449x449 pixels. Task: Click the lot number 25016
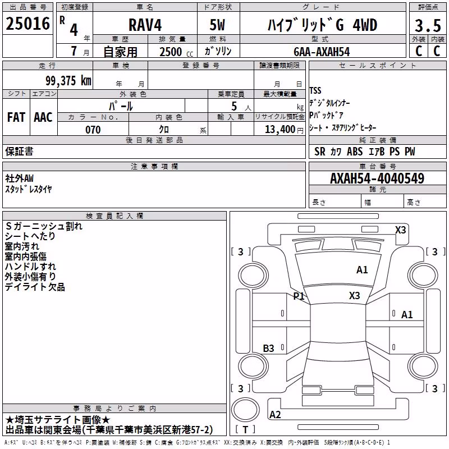coord(28,24)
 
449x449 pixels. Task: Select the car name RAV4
coord(145,25)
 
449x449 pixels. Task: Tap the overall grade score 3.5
coord(428,26)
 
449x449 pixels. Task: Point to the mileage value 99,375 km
coord(68,81)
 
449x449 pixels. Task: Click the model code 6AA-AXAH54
coord(322,52)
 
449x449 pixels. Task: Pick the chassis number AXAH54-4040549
coord(377,178)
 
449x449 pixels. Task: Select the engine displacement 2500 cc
coord(176,52)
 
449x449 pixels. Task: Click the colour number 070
coord(93,130)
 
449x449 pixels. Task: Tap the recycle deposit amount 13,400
coord(280,130)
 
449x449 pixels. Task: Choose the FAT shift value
coord(16,117)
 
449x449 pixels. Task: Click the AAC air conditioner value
coord(43,117)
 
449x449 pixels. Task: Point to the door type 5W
coord(217,25)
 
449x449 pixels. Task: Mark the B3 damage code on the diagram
coord(268,348)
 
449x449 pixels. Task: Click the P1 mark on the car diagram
coord(299,296)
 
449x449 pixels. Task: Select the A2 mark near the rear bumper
coord(275,415)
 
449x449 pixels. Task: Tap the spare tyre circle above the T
coord(245,410)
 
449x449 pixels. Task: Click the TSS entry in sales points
coord(315,91)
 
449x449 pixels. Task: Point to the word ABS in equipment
coord(355,152)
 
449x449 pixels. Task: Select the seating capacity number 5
coord(234,106)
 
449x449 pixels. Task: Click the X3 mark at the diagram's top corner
coord(400,230)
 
